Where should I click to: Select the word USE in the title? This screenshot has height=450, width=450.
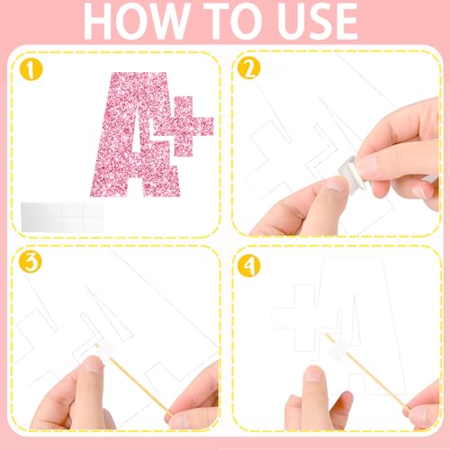coord(318,21)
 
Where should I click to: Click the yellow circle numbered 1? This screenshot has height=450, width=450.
coord(31,70)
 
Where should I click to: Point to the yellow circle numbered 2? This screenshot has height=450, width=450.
coord(249,68)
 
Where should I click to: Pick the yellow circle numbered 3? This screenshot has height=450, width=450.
coord(31,261)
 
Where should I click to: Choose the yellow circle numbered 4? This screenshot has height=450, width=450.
coord(249,265)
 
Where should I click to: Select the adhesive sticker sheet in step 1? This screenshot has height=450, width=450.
coord(62,217)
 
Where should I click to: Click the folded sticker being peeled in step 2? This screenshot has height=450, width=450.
coord(354,175)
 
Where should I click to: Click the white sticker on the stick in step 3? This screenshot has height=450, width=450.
coord(105,349)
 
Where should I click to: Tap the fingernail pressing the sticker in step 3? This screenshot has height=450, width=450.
coord(93,364)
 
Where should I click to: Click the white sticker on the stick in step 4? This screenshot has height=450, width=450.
coord(339,348)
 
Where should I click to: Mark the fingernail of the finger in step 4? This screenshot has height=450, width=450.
coord(314,373)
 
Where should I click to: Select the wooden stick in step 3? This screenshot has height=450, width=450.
coord(134,380)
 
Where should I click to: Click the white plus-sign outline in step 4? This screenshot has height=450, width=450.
coord(307,318)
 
